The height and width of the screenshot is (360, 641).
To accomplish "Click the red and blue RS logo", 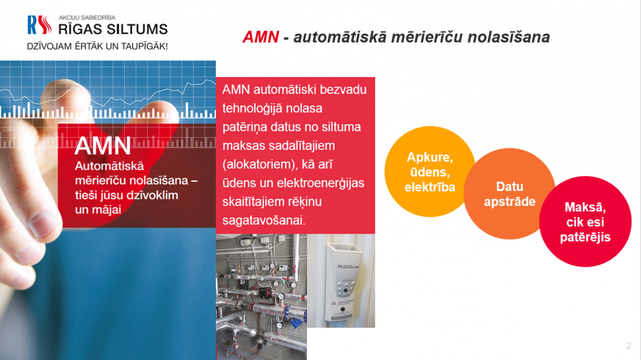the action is (40, 25).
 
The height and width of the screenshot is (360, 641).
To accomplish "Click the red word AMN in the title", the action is (261, 37).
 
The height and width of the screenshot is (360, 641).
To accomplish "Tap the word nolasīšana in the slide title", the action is (508, 37).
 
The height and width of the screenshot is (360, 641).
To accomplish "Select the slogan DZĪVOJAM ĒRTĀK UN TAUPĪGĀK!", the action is (97, 46).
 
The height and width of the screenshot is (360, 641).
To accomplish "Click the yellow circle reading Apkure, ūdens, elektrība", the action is (430, 172).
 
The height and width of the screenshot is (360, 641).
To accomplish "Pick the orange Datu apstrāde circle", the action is (509, 194).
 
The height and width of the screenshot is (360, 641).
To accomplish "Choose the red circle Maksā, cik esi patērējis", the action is (585, 222).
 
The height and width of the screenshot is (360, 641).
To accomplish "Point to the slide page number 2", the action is (628, 345).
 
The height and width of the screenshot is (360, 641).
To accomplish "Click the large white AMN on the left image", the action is (103, 146).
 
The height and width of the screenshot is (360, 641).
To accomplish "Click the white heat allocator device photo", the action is (341, 281).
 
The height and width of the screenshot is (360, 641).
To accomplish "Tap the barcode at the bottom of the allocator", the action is (342, 317).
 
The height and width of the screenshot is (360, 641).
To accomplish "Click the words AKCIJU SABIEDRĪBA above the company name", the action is (87, 18).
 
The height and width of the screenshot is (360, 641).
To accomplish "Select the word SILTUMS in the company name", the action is (137, 29).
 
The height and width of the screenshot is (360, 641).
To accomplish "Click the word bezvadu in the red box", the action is (343, 90).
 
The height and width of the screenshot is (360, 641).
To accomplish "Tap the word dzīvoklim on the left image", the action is (152, 195).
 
